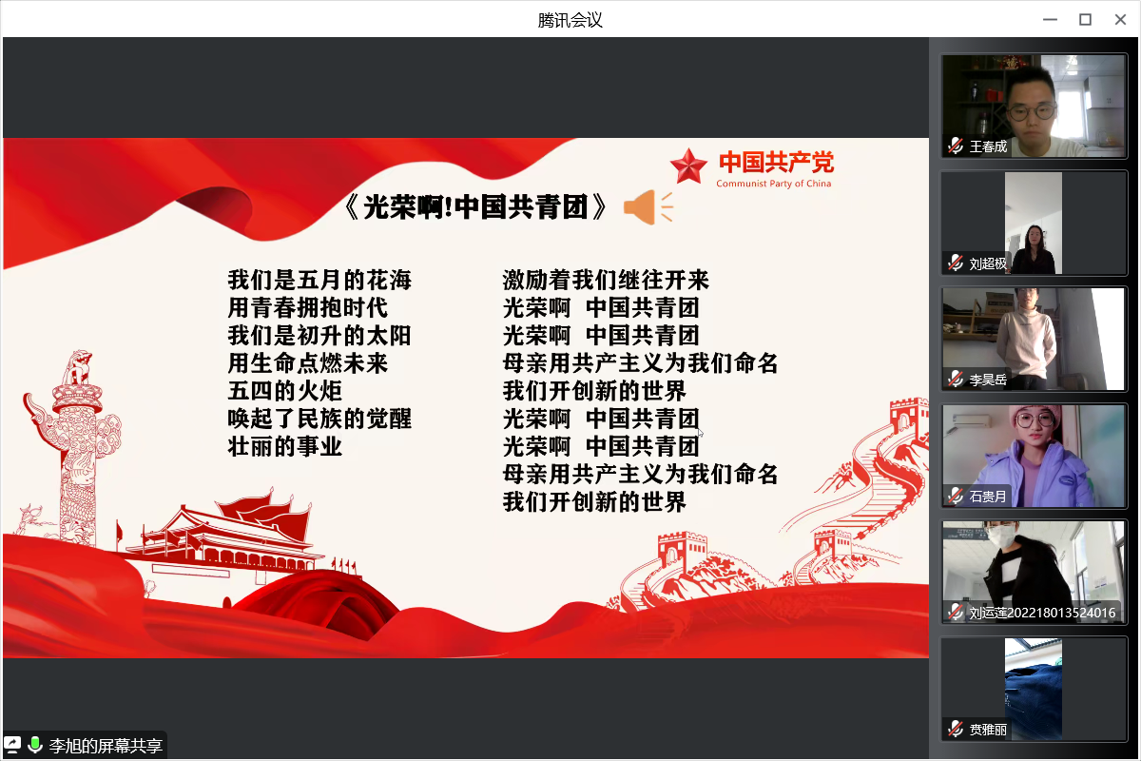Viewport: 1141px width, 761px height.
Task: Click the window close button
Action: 1120,20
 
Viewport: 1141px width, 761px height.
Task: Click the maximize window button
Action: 1086,20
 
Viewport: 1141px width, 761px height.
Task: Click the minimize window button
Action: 1051,20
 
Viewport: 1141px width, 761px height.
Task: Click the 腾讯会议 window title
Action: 570,20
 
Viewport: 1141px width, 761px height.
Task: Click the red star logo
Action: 688,166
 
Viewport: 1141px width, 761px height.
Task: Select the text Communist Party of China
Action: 774,184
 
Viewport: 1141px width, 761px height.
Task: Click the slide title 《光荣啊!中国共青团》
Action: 474,207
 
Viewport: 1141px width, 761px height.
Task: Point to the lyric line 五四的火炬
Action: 284,391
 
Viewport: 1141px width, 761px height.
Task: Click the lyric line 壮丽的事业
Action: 284,446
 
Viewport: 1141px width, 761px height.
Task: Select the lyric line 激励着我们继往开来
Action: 606,280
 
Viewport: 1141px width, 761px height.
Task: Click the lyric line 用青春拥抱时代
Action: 308,308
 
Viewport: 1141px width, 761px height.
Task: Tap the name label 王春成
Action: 988,146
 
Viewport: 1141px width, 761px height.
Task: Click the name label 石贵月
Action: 988,497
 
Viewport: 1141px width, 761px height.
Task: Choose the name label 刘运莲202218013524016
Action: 1042,613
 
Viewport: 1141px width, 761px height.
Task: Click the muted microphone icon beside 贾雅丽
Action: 955,729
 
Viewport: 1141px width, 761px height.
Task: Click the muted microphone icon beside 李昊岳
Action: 955,380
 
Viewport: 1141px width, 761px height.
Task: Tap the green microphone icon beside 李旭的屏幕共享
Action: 34,745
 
